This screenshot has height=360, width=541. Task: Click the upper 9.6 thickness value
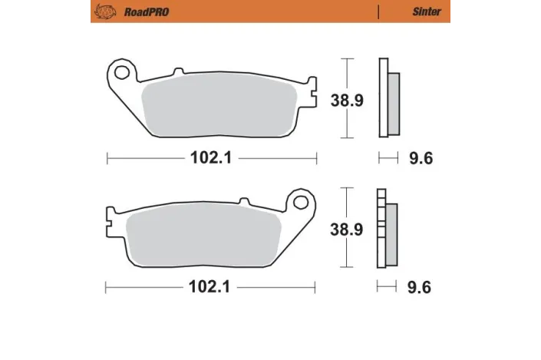tap(421, 159)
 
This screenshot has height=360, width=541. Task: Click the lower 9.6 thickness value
tap(421, 289)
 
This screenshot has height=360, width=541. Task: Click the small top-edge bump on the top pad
tap(179, 72)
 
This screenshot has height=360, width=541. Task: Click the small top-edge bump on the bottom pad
tap(243, 202)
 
